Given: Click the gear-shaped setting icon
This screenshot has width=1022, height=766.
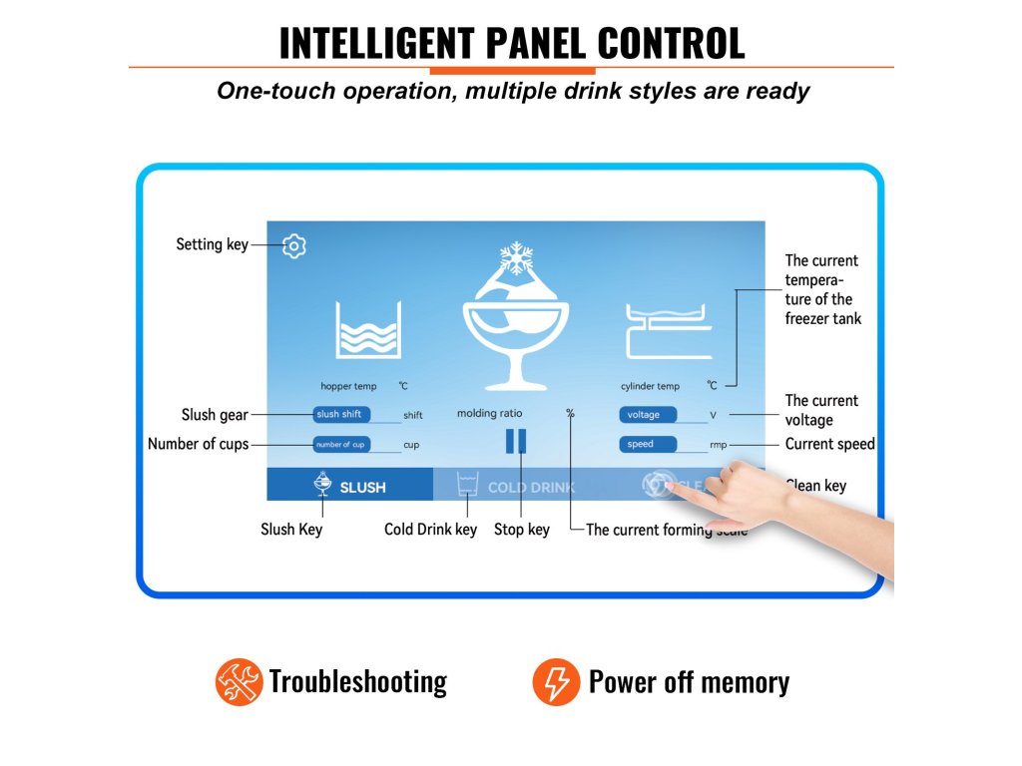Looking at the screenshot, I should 293,246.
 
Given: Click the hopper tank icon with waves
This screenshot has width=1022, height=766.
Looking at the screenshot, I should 368,329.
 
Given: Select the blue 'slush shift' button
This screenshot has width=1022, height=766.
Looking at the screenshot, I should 341,415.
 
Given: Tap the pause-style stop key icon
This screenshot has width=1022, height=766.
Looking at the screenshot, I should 515,442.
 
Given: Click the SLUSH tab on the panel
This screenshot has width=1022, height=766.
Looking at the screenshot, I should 350,486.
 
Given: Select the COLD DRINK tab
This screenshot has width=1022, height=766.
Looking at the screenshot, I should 517,487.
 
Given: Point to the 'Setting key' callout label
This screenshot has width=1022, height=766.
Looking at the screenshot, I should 212,244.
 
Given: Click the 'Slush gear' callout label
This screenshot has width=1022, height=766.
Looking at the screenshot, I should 214,415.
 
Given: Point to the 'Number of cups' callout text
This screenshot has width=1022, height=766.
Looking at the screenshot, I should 198,444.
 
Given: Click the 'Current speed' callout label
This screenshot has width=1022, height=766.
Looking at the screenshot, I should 829,444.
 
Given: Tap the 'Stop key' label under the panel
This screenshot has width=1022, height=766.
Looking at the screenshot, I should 521,530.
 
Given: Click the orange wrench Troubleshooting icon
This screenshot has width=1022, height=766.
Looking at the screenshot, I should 239,682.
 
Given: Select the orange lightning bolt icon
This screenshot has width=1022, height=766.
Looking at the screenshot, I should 555,682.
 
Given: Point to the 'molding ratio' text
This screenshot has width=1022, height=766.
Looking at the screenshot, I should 489,413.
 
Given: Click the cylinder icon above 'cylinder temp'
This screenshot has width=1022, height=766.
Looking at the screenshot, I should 667,329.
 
